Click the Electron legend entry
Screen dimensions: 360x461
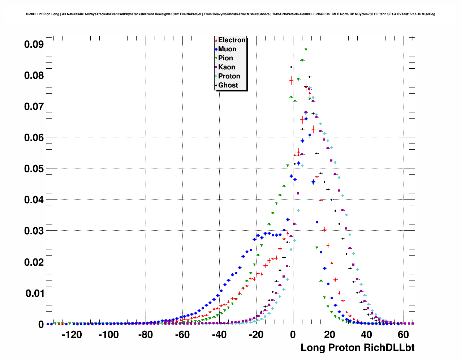pos(232,40)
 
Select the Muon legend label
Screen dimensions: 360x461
pos(227,49)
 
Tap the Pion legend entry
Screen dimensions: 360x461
pos(225,58)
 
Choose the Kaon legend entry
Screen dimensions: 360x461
pos(227,67)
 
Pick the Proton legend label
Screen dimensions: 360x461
pos(229,76)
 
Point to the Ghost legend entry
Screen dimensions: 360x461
pos(228,85)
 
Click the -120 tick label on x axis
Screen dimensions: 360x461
pos(72,335)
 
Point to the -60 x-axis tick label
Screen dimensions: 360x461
pos(182,335)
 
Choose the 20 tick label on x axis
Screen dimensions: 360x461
pos(329,335)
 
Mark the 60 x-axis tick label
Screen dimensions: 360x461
pos(403,335)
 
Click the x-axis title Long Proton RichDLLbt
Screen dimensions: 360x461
pos(357,348)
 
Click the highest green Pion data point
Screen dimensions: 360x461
pos(306,50)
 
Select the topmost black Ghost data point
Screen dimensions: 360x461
pos(291,67)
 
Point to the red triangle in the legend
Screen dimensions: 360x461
pos(216,40)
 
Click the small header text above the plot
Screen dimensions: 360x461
pos(231,14)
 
